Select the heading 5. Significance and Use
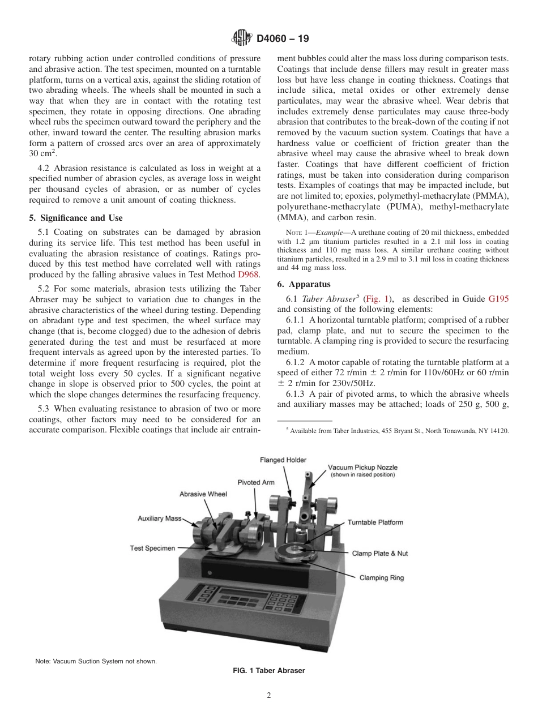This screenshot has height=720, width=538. pyautogui.click(x=75, y=218)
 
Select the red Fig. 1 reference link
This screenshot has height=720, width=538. pyautogui.click(x=378, y=299)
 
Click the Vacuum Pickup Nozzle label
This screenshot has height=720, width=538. pyautogui.click(x=362, y=468)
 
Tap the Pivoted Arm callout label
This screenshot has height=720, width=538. pyautogui.click(x=255, y=482)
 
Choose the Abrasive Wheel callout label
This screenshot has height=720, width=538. pyautogui.click(x=203, y=494)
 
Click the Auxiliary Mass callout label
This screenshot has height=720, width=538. pyautogui.click(x=159, y=518)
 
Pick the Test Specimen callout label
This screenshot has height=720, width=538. pyautogui.click(x=152, y=548)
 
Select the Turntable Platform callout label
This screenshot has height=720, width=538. pyautogui.click(x=375, y=522)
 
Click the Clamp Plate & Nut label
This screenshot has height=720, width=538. pyautogui.click(x=379, y=553)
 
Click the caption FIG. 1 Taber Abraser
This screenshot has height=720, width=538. pyautogui.click(x=269, y=671)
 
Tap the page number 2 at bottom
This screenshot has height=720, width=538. pyautogui.click(x=269, y=696)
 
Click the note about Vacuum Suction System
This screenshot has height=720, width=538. pyautogui.click(x=96, y=661)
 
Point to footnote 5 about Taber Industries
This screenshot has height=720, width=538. pyautogui.click(x=397, y=431)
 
